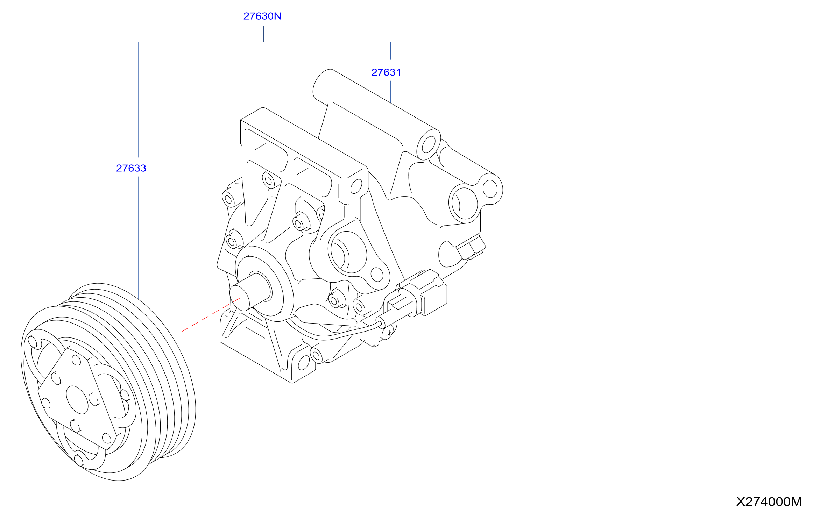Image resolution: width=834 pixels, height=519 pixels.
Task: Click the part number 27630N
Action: [262, 16]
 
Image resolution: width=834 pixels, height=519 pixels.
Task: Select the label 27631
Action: [386, 72]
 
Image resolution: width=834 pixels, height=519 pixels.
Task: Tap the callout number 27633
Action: [131, 168]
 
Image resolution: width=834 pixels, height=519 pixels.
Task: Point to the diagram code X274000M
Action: [769, 502]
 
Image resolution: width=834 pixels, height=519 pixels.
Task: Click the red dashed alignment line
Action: [211, 315]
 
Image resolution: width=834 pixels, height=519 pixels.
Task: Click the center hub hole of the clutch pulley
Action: [77, 400]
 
